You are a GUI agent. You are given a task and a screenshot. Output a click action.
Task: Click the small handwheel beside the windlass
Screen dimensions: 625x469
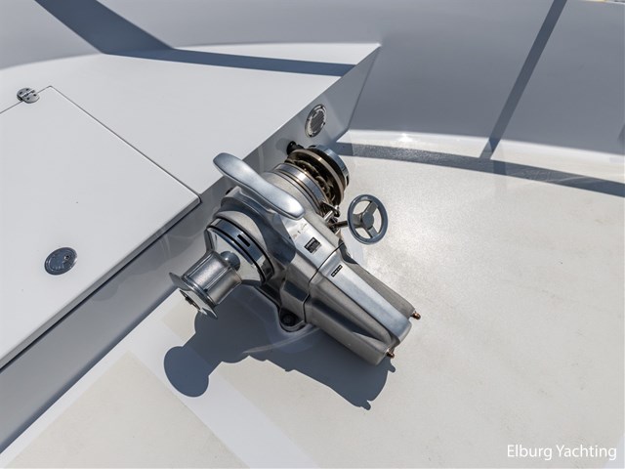(x=367, y=219)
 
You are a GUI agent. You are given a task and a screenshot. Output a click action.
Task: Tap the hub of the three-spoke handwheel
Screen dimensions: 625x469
(x=367, y=219)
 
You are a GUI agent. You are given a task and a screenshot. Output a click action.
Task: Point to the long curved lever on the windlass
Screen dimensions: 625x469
(x=258, y=184)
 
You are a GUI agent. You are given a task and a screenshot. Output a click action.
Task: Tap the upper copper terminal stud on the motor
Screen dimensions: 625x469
(x=415, y=316)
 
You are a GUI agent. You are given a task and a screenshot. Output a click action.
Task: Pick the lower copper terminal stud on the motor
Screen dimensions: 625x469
(x=391, y=354)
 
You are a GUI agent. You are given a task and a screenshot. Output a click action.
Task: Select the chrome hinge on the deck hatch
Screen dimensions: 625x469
(x=28, y=96)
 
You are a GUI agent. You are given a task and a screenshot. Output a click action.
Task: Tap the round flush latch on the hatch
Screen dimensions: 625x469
(x=61, y=261)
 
